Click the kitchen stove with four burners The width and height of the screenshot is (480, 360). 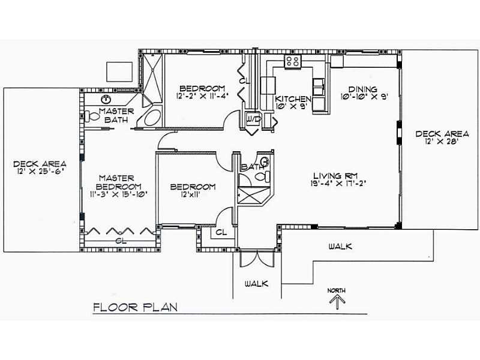(293, 61)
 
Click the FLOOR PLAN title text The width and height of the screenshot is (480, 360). (136, 307)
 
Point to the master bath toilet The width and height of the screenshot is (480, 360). (92, 116)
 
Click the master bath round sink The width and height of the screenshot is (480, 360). (106, 99)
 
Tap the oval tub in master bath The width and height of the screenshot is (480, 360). (153, 118)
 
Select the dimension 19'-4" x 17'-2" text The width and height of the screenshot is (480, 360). (338, 184)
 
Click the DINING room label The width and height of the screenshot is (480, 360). (363, 89)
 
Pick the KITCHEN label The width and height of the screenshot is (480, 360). (293, 99)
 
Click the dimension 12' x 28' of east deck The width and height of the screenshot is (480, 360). (441, 142)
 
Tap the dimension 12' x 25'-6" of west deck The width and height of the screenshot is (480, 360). (40, 172)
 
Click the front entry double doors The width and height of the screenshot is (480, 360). (257, 259)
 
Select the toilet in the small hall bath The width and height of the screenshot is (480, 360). (263, 176)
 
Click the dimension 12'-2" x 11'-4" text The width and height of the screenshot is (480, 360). (202, 96)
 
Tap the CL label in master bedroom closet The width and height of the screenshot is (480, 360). (122, 241)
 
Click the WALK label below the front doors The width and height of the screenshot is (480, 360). (257, 284)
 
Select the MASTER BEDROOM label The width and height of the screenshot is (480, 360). (118, 182)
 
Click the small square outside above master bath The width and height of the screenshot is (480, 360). (119, 71)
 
